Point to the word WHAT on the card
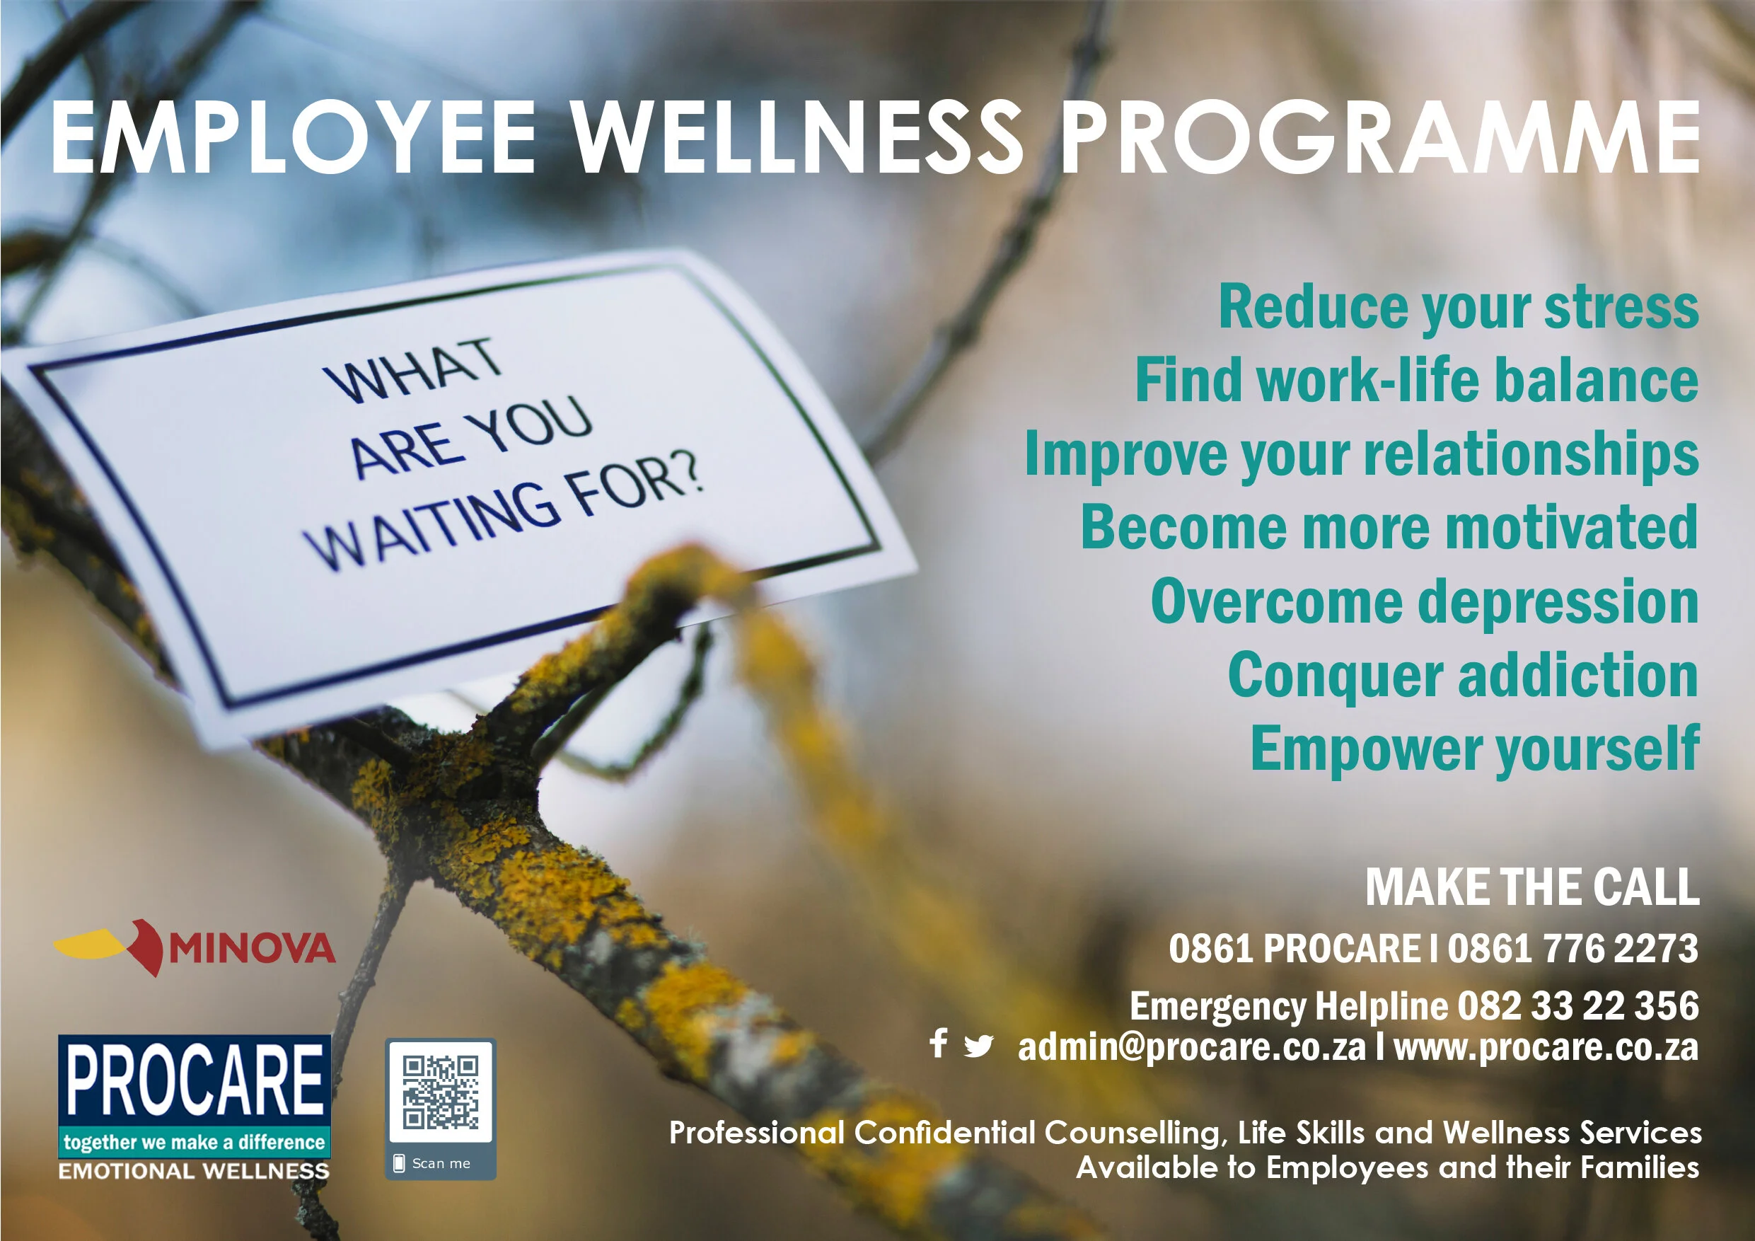pos(413,370)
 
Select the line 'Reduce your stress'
pos(1458,307)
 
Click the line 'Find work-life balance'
pos(1415,380)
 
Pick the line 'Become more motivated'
pos(1389,527)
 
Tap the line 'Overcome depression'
pos(1424,601)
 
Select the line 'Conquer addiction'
pos(1462,675)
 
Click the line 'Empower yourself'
pos(1473,749)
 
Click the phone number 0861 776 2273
pos(1572,949)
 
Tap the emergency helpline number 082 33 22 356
pos(1577,1005)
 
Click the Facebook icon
pos(939,1043)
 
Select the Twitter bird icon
pos(978,1045)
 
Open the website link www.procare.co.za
pos(1546,1046)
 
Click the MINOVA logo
pos(195,948)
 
